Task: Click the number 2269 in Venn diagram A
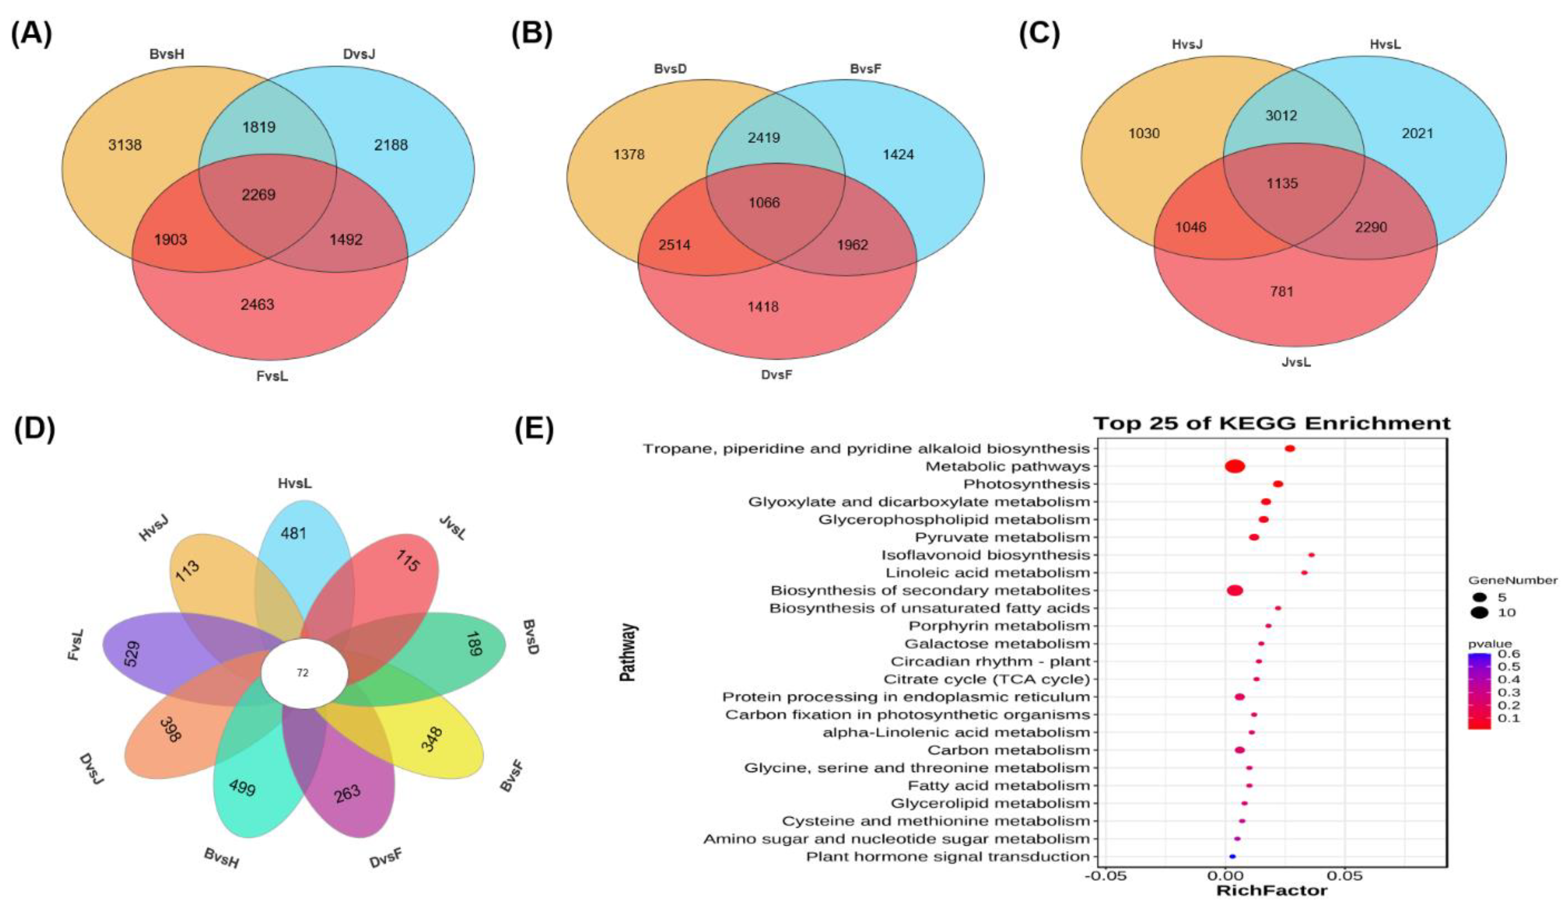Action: click(259, 195)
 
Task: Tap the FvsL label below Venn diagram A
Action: click(272, 376)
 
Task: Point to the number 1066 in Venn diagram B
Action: click(764, 202)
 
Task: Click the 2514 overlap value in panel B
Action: click(675, 245)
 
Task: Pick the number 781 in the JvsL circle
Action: click(1282, 291)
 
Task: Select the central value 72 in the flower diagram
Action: click(303, 673)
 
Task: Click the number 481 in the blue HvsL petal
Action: click(293, 533)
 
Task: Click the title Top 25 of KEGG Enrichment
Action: click(1272, 424)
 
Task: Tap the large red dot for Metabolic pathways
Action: click(1235, 466)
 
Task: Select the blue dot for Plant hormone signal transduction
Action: click(1232, 857)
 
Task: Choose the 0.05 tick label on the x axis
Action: click(1345, 876)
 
